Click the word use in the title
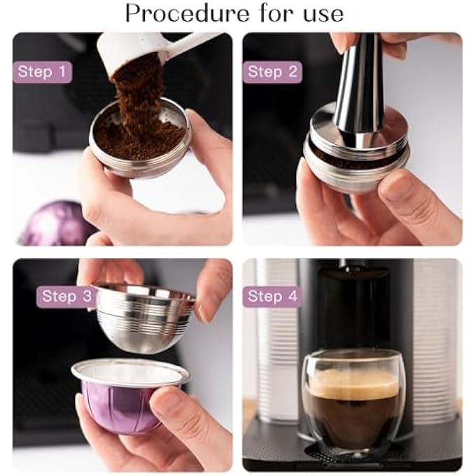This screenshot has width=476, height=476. click(318, 13)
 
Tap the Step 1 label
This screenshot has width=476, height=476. click(42, 72)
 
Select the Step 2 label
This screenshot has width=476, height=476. click(272, 72)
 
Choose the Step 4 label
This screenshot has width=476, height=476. click(272, 296)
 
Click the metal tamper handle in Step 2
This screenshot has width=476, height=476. click(357, 84)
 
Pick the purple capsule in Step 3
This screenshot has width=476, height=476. click(119, 406)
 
